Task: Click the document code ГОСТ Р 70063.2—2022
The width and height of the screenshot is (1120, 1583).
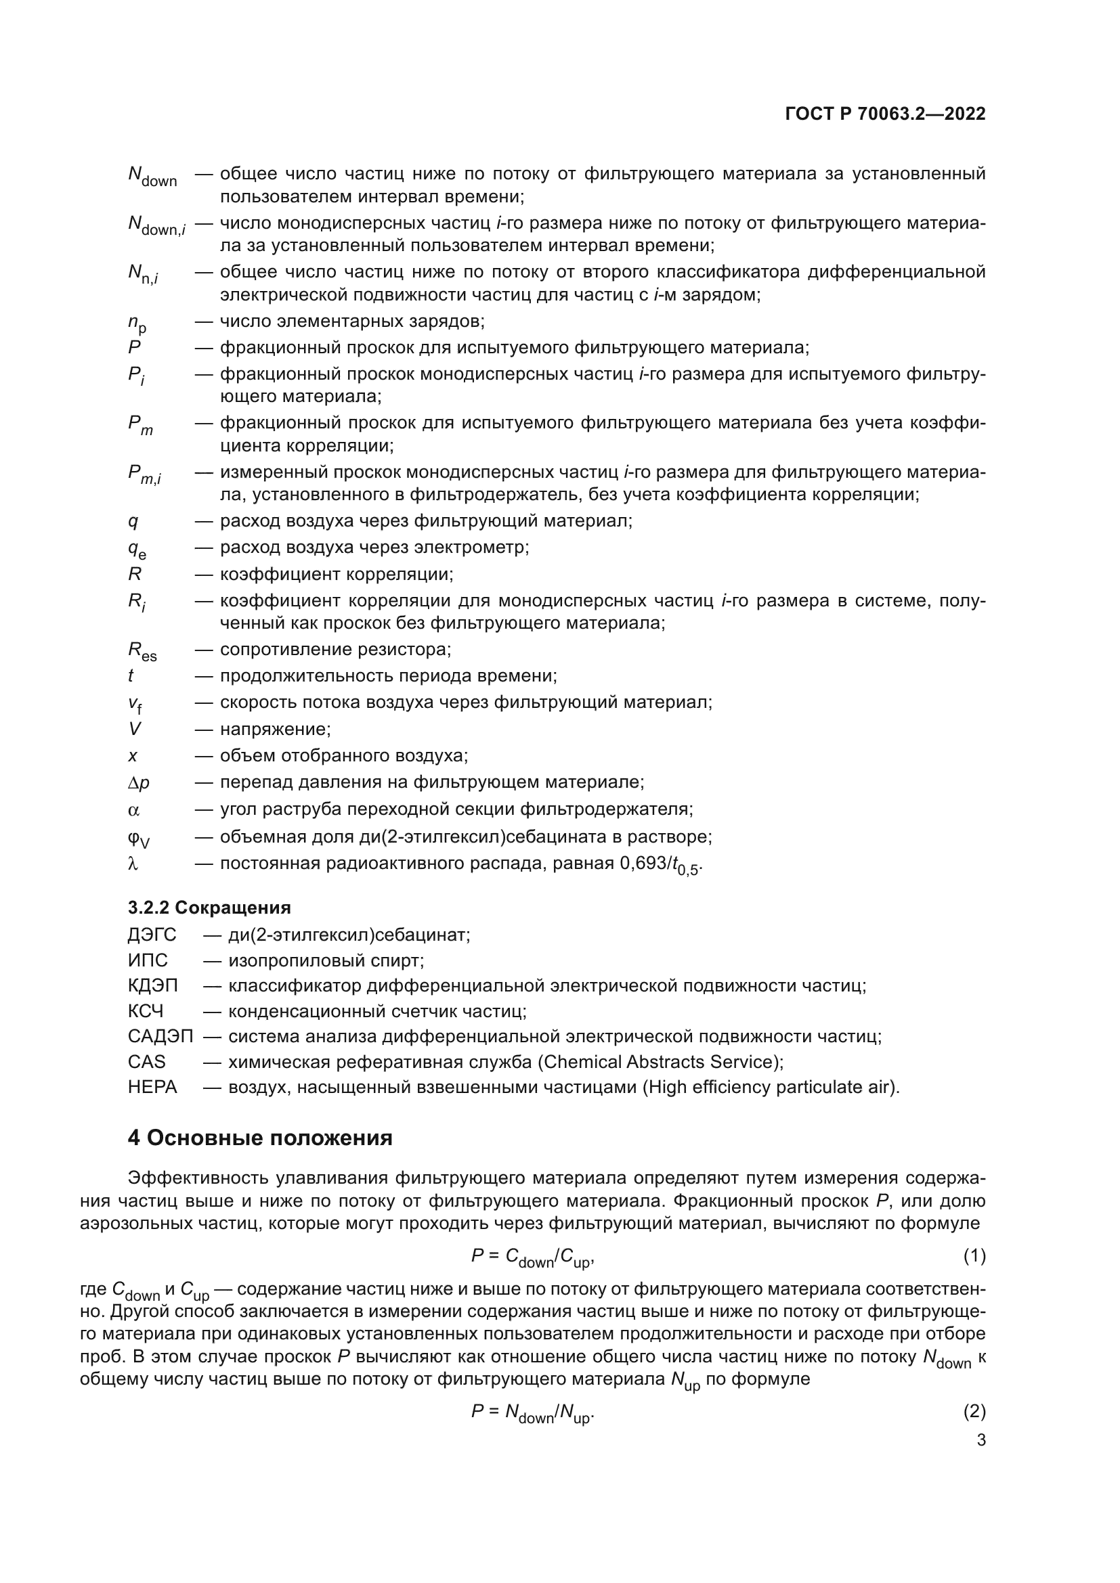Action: [885, 114]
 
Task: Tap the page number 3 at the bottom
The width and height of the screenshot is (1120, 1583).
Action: [981, 1440]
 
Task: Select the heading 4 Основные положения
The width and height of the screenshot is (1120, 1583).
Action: [260, 1138]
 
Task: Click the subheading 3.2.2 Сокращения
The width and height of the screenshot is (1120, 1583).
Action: [209, 908]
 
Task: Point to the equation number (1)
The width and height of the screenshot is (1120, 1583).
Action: [974, 1257]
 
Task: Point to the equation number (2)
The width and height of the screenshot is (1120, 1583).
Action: [974, 1412]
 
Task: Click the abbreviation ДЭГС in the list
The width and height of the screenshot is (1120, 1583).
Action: [152, 935]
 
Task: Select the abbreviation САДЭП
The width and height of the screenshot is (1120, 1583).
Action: [160, 1036]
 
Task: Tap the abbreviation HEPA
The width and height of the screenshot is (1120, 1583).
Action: [152, 1088]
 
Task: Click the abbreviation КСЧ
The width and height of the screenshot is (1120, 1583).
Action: [146, 1011]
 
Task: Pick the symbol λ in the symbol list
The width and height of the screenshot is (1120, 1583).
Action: [133, 864]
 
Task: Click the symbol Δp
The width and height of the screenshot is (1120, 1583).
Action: [139, 783]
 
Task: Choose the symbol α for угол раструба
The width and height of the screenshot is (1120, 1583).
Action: [134, 810]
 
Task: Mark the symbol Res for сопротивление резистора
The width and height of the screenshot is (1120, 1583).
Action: [142, 651]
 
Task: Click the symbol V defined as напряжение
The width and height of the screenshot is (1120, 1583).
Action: [135, 730]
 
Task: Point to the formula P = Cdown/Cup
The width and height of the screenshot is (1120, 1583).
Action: [532, 1257]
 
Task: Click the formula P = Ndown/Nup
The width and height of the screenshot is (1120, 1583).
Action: [532, 1412]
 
